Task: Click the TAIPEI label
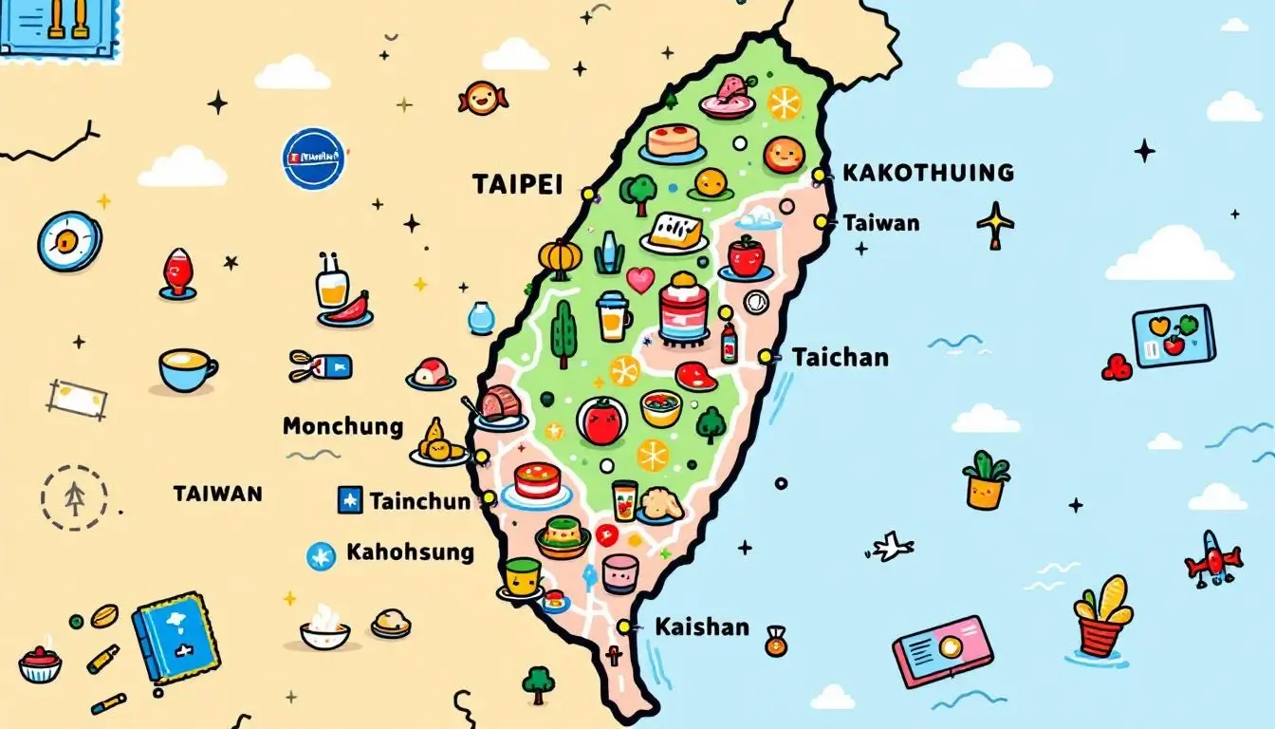click(x=517, y=184)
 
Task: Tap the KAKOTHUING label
click(x=928, y=173)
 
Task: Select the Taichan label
click(x=840, y=357)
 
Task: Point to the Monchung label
click(x=342, y=426)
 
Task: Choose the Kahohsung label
click(x=410, y=551)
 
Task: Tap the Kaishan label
click(x=701, y=626)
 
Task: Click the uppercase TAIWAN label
click(x=217, y=494)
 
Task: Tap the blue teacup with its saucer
click(x=186, y=370)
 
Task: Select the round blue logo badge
click(x=313, y=158)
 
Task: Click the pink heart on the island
click(x=640, y=279)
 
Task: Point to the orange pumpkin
click(x=559, y=255)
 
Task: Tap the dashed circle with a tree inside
click(x=74, y=497)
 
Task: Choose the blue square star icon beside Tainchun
click(x=350, y=499)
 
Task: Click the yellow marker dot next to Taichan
click(x=765, y=357)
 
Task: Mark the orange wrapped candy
click(x=483, y=97)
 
